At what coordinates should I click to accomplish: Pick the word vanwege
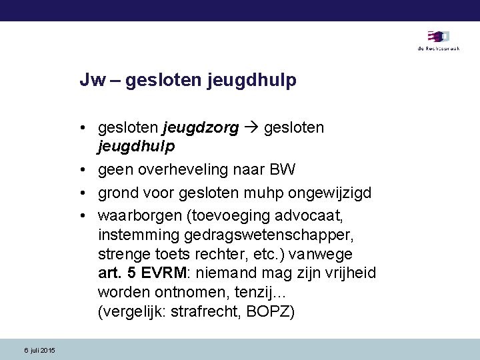click(x=327, y=254)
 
